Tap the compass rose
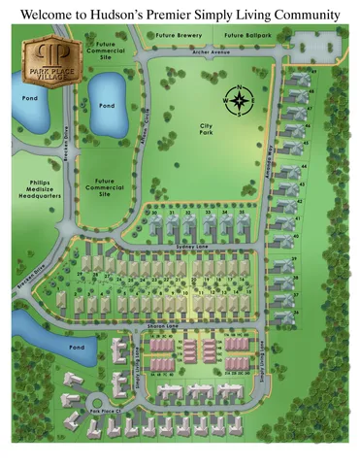pyautogui.click(x=238, y=99)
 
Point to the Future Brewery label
pyautogui.click(x=177, y=36)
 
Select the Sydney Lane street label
pyautogui.click(x=187, y=248)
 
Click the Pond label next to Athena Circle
pyautogui.click(x=107, y=105)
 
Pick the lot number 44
pyautogui.click(x=304, y=167)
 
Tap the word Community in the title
pyautogui.click(x=302, y=16)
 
